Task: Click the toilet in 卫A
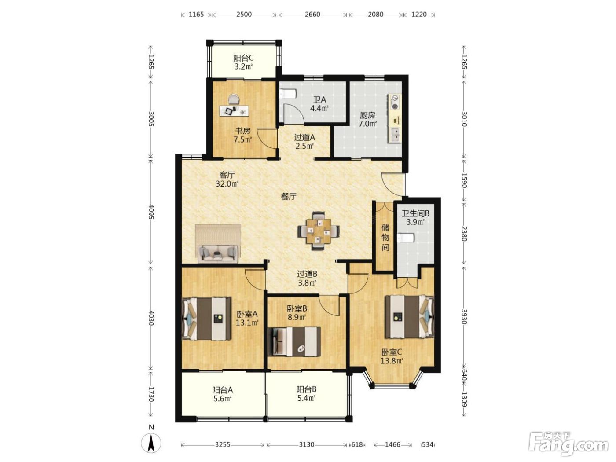pos(288,93)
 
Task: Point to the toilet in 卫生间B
pos(406,238)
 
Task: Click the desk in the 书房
pos(234,110)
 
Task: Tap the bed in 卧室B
pos(294,341)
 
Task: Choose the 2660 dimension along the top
pos(312,15)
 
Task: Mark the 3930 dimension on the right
pos(464,316)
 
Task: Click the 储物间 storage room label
pos(385,237)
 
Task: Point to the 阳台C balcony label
pos(243,58)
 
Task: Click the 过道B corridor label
pos(307,274)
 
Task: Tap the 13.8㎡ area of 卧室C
pos(392,360)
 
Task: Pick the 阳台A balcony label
pos(222,390)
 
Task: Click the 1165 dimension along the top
pos(196,15)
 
